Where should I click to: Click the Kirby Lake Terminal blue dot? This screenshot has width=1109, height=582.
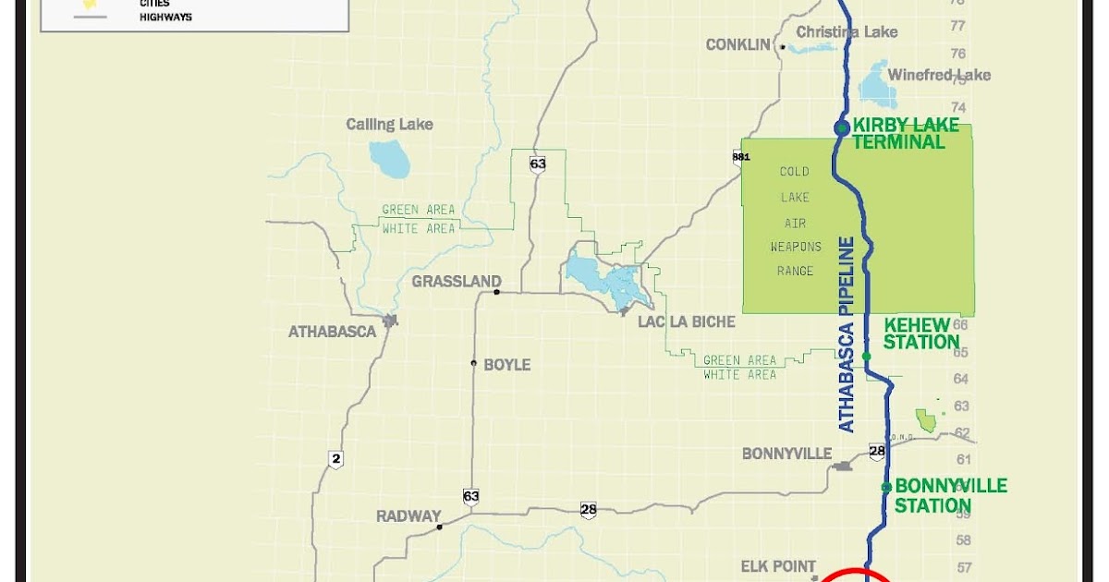(842, 128)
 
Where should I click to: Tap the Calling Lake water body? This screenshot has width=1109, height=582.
(389, 158)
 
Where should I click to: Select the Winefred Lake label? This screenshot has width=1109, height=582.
(939, 75)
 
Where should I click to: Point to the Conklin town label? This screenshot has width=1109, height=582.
(737, 44)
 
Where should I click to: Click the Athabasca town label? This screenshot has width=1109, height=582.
(332, 331)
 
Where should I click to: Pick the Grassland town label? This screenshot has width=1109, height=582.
(457, 282)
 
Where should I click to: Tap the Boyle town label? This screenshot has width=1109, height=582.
(507, 365)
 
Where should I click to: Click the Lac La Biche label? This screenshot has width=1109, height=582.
(687, 321)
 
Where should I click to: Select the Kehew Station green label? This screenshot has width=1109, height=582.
(921, 333)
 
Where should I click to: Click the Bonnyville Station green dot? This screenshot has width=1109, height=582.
(886, 487)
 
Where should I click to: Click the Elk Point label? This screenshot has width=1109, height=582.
(778, 566)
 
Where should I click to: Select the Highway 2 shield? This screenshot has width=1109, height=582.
(335, 459)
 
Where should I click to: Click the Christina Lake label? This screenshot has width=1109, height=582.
(847, 32)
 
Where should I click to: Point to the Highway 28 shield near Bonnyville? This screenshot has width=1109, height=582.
(877, 452)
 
